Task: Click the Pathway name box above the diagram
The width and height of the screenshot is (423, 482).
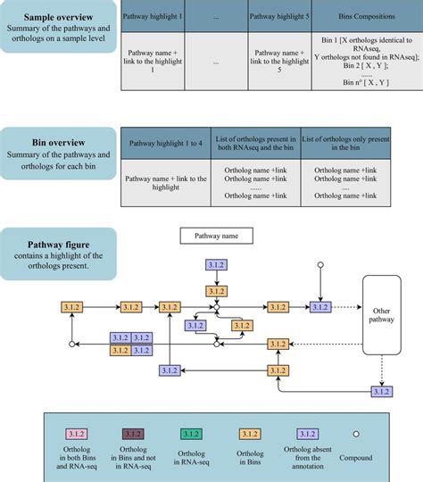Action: [217, 237]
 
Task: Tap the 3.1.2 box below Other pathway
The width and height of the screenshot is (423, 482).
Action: [381, 391]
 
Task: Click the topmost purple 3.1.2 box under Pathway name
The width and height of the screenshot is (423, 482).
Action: [215, 265]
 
